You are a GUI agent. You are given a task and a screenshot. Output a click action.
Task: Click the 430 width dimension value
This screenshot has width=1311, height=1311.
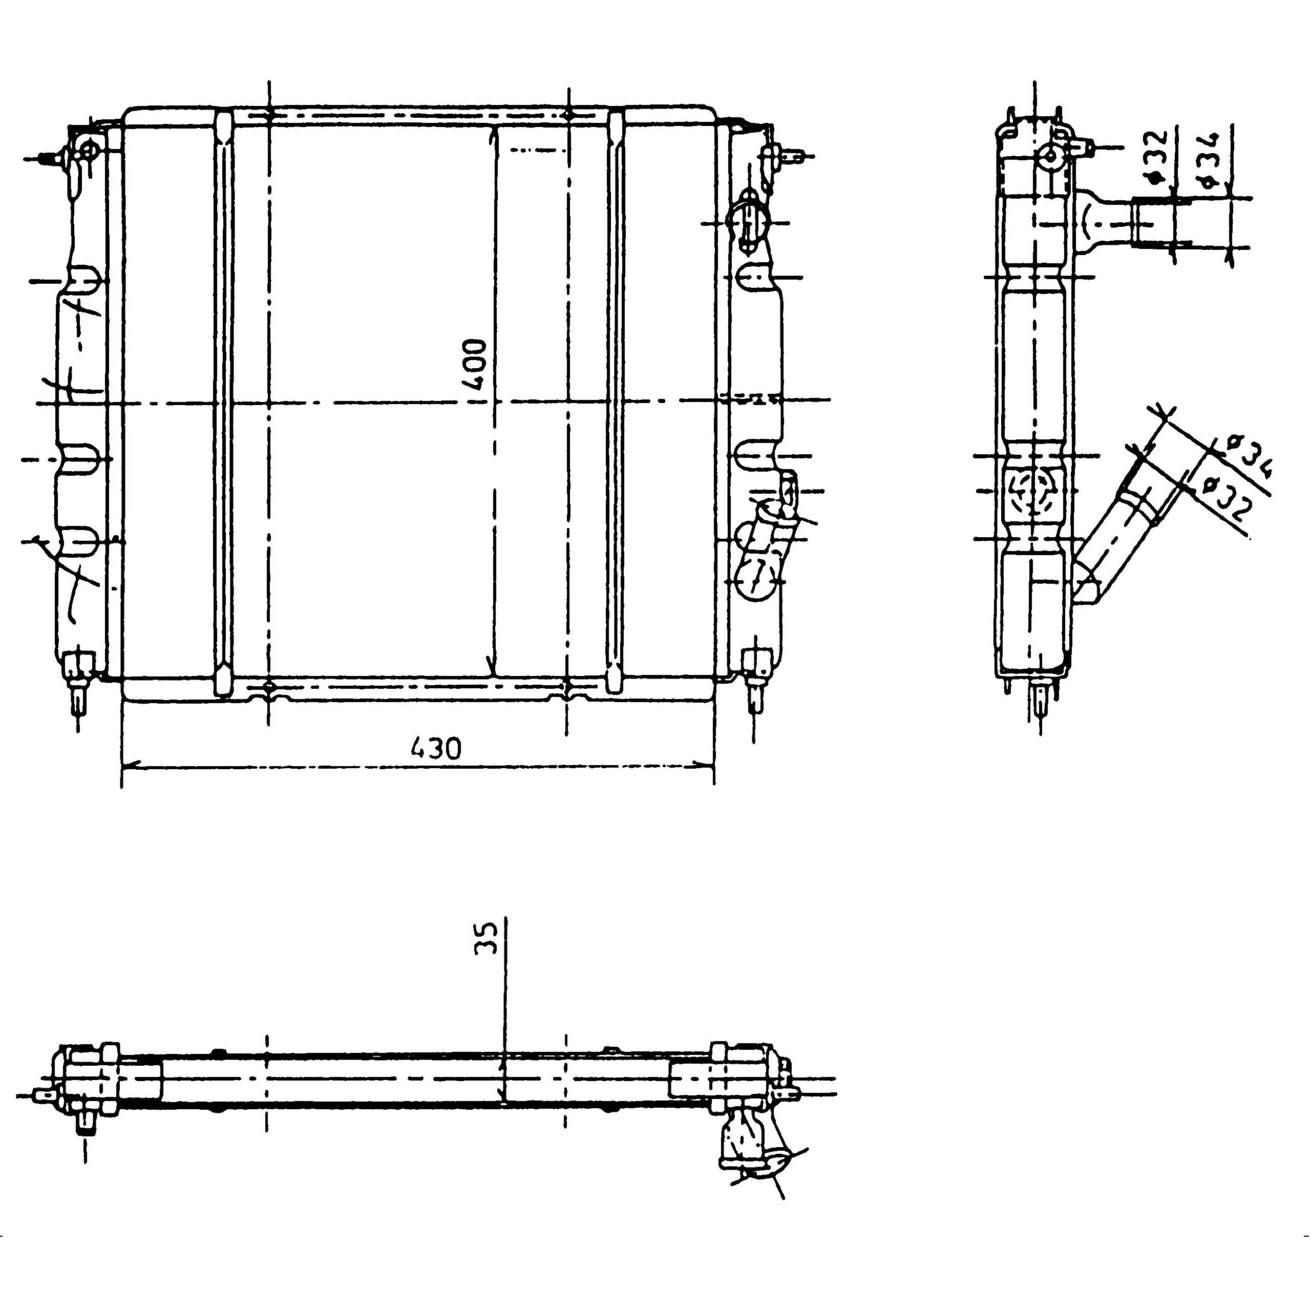click(x=436, y=749)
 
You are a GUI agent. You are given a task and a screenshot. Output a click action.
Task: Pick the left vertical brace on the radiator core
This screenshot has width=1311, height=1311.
click(x=223, y=403)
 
